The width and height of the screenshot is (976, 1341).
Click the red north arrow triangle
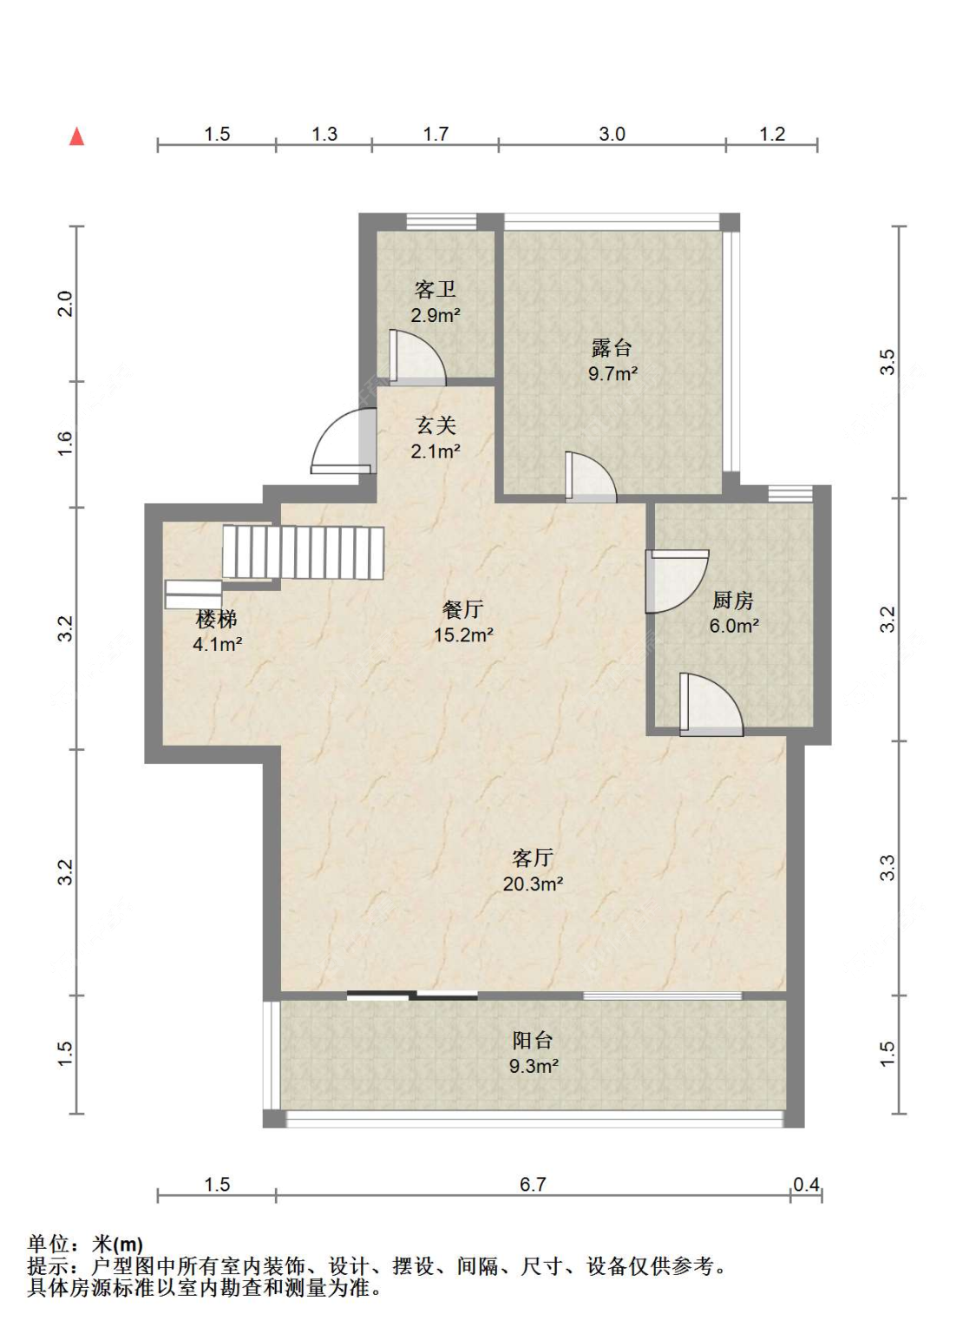(76, 137)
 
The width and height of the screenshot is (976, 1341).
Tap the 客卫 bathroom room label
(435, 291)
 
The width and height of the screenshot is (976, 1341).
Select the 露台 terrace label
(612, 348)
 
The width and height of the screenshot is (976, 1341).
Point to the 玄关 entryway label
(436, 425)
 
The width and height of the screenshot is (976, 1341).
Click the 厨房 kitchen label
(733, 601)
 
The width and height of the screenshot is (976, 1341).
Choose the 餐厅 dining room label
(462, 610)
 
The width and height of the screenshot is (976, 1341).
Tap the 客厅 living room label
(532, 858)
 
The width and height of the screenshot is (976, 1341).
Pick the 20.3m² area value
(533, 884)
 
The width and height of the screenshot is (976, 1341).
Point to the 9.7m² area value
(612, 373)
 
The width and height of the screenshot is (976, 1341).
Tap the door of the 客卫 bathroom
(417, 357)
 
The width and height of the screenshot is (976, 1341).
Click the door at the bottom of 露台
(591, 477)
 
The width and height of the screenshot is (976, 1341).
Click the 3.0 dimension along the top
(612, 134)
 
